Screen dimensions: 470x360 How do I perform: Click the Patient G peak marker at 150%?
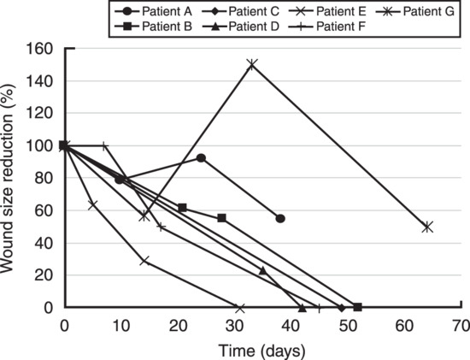(252, 64)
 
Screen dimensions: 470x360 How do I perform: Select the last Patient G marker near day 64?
(427, 227)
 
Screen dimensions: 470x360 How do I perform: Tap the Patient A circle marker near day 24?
(201, 158)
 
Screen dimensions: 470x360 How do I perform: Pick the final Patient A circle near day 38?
(280, 219)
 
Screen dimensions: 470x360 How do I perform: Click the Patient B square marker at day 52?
(357, 307)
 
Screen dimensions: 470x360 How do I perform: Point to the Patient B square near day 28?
(221, 218)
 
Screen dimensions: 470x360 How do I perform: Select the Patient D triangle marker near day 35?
(262, 270)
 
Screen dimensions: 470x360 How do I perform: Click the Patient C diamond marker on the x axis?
(341, 308)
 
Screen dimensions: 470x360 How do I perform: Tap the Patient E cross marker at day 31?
(240, 308)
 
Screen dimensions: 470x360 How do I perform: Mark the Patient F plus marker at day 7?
(104, 146)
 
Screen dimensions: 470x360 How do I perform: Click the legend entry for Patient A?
(154, 11)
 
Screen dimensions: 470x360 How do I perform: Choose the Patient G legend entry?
(415, 11)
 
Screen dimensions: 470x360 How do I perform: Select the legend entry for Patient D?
(241, 27)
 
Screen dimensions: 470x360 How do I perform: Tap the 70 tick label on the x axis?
(461, 326)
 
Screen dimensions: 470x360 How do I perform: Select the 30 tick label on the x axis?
(235, 326)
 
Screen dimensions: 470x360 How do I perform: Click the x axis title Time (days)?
(261, 351)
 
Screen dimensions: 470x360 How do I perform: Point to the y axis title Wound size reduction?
(7, 179)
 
